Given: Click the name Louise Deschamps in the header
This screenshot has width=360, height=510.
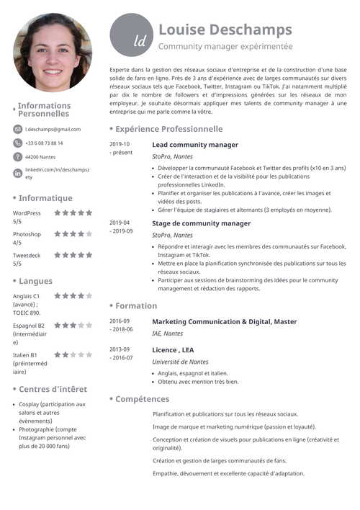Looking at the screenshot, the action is pos(225,30).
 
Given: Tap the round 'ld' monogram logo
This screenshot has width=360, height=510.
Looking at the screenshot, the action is pos(131,35).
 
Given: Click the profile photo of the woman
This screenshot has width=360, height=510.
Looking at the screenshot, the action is pos(53,52).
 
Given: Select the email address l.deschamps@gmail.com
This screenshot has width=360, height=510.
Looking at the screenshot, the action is pos(53,130).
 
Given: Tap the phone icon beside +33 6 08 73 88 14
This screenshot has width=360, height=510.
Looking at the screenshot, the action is pos(18,143).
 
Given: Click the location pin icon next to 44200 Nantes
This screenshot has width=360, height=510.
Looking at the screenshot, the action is pos(18,156).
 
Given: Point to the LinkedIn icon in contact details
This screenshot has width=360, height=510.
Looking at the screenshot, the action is pos(18,172).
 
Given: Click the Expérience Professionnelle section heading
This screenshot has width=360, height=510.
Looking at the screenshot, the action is pos(168,129).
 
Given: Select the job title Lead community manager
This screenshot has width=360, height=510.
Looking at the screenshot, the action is pos(195,145).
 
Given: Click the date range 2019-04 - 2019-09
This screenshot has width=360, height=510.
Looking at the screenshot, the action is pos(121,227).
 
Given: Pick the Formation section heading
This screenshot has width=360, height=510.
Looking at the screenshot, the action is pos(135,305).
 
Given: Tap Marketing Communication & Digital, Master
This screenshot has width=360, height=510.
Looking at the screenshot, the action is pos(224,321).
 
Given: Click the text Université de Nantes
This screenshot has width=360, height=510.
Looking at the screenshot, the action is pos(180,362).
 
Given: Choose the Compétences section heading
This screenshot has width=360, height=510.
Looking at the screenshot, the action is pos(142,398).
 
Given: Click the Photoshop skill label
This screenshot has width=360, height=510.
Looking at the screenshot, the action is pos(27,234).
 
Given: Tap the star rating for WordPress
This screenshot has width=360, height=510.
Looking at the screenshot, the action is pos(73,213).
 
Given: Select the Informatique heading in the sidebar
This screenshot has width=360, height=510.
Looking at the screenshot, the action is pos(45,198).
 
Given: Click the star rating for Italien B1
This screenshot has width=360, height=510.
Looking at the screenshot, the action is pos(73,355).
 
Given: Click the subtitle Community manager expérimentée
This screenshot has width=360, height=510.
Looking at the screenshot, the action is pos(225,46).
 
